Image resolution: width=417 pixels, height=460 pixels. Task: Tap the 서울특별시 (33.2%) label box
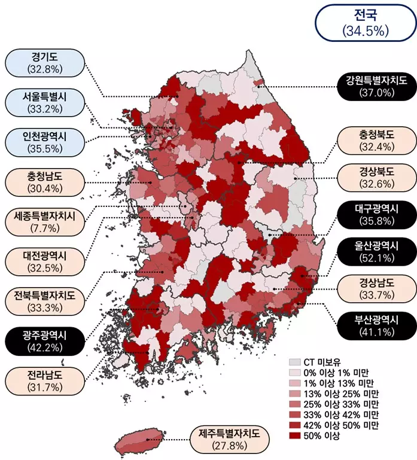[x=45, y=102]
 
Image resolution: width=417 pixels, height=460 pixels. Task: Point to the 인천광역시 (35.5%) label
[x=45, y=142]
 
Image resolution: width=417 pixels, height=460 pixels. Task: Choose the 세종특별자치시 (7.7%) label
[x=45, y=221]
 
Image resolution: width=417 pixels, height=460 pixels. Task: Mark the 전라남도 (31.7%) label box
[x=45, y=380]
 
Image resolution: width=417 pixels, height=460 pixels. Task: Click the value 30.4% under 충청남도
[x=45, y=188]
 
